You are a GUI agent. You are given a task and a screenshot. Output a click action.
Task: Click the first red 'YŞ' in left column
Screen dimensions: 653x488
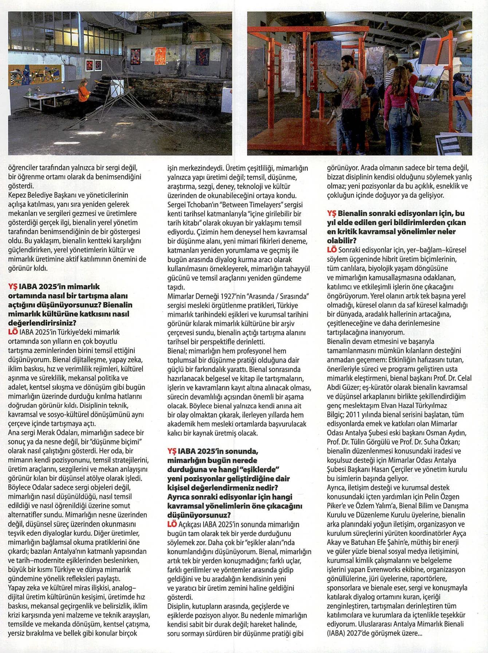pyautogui.click(x=13, y=287)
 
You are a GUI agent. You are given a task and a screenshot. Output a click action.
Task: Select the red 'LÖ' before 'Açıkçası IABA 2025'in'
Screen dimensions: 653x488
pyautogui.click(x=172, y=524)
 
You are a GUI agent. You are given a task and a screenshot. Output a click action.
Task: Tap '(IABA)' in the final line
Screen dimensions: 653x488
pyautogui.click(x=337, y=634)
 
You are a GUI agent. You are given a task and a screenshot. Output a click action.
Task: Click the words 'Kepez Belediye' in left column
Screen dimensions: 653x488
pyautogui.click(x=29, y=195)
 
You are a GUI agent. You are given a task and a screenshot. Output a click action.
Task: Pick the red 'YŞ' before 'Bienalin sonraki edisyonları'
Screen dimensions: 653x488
pyautogui.click(x=331, y=213)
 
